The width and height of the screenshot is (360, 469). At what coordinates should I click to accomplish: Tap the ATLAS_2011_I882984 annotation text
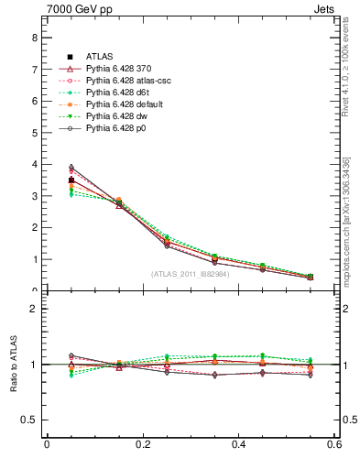click(x=191, y=274)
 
